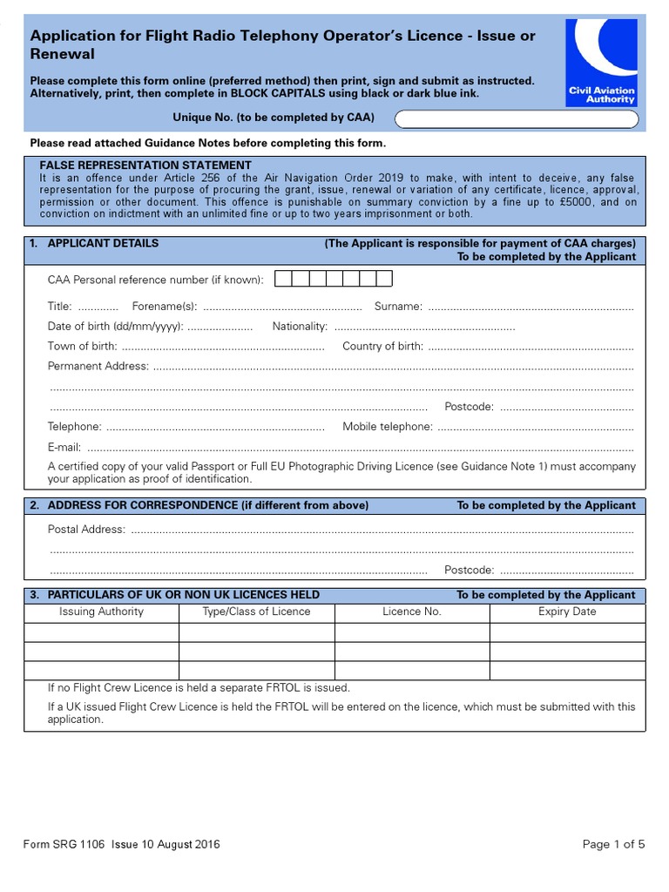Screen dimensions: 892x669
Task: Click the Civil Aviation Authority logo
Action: click(601, 63)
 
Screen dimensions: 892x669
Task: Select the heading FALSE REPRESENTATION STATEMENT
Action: click(145, 166)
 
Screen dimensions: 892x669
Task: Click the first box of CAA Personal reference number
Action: click(282, 279)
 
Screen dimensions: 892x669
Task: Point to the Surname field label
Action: click(398, 307)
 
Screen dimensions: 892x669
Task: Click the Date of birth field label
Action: click(115, 327)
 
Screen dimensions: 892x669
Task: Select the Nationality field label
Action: click(300, 327)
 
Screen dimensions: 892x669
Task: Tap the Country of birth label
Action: click(382, 347)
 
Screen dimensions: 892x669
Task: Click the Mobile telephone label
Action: click(387, 427)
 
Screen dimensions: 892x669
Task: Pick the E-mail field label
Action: click(64, 447)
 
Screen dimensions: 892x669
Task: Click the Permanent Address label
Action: click(98, 367)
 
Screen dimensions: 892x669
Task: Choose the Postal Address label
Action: click(86, 530)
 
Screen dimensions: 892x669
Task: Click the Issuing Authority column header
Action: click(101, 612)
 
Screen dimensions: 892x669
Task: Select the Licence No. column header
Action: click(412, 612)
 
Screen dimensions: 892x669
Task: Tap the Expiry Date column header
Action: click(567, 612)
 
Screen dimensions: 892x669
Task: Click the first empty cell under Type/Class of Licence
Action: click(257, 632)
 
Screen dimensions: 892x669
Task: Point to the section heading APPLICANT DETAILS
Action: click(103, 244)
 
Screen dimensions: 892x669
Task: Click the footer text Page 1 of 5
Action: click(613, 844)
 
